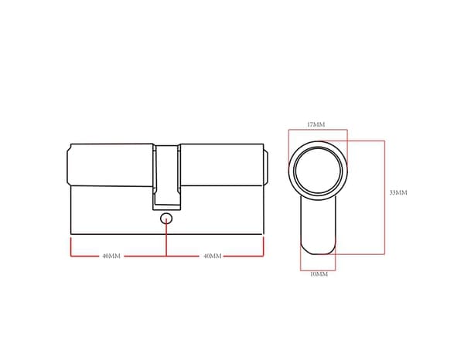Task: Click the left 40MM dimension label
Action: coord(111,256)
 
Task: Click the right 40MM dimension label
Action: coord(212,256)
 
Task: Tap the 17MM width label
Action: coord(316,124)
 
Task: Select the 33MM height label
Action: coord(397,192)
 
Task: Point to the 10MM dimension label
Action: coord(319,274)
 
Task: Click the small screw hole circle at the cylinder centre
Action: coord(166,219)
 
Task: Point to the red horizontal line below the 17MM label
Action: coord(317,130)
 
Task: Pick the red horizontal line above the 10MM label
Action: coord(318,267)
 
